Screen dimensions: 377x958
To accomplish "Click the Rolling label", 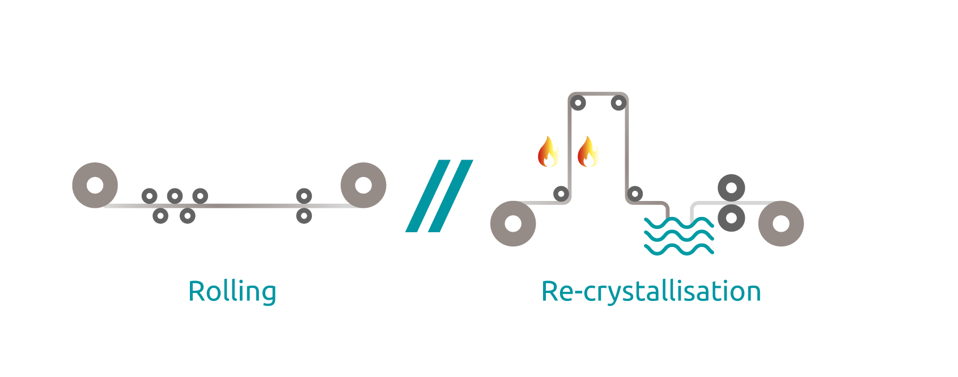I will point(232,291).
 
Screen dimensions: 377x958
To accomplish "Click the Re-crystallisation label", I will point(651,291).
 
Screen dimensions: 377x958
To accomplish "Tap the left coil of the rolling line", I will point(95,185).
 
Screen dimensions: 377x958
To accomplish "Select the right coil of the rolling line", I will point(363,185).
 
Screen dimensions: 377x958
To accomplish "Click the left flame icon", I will point(549,152).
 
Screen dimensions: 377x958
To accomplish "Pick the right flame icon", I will point(588,152).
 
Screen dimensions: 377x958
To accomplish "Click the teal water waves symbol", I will point(679,236).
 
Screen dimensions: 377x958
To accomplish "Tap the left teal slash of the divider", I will point(428,196).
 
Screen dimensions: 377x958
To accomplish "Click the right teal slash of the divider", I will point(451,196).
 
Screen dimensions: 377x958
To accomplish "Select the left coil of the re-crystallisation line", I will point(513,223).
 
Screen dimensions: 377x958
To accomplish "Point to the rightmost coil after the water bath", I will point(781,223).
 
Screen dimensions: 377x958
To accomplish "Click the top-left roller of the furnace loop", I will point(578,103).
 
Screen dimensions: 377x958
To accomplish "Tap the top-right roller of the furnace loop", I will point(618,103).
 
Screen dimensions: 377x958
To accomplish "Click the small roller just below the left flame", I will point(561,194).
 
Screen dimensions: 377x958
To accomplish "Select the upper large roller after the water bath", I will point(731,187).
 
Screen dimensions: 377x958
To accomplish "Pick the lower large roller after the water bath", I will point(731,217).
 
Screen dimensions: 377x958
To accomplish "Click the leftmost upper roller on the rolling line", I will point(149,196).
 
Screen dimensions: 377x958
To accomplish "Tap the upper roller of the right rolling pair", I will point(304,196).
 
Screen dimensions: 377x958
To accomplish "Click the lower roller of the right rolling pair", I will point(304,216).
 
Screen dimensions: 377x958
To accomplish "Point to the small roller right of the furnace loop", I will point(635,194).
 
